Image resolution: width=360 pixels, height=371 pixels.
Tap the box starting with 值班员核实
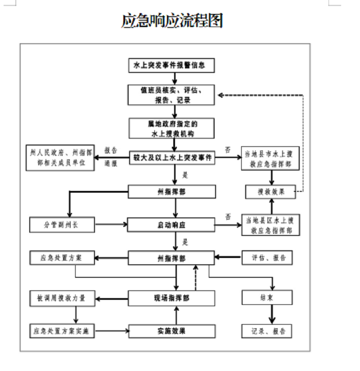point(171,95)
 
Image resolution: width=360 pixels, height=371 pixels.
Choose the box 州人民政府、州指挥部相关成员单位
point(61,158)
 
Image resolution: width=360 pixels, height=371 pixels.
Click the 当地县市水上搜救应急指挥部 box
point(269,158)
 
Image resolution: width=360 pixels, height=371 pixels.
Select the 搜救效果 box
point(270,192)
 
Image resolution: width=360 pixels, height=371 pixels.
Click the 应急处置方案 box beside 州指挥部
point(62,258)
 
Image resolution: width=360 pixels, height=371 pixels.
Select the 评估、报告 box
point(267,258)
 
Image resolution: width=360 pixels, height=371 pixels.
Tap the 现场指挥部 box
point(171,298)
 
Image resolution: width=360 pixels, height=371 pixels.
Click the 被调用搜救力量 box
point(63,298)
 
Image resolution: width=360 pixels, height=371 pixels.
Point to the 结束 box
point(267,298)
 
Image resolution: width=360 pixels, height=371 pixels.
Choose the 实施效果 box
point(171,331)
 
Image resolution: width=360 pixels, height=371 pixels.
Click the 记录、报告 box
point(267,331)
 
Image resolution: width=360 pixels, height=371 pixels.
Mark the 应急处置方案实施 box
point(63,331)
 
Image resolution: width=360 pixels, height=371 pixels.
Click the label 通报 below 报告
point(111,164)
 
